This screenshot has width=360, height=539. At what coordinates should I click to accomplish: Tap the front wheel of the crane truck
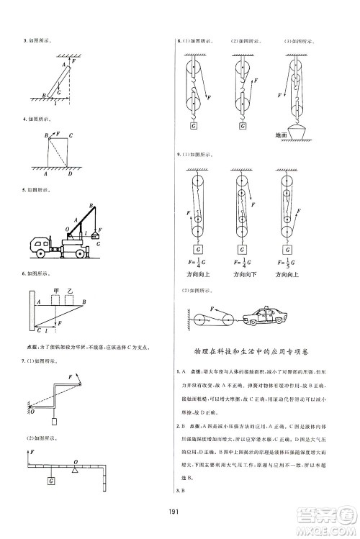[x=39, y=253]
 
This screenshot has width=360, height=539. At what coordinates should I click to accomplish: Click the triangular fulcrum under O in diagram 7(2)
[x=75, y=471]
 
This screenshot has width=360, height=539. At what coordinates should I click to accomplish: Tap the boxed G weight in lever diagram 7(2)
[x=50, y=480]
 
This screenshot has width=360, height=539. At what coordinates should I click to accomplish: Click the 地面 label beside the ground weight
[x=282, y=135]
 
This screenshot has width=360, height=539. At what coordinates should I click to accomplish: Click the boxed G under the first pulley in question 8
[x=194, y=125]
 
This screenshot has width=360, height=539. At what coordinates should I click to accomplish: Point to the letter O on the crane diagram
[x=66, y=230]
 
